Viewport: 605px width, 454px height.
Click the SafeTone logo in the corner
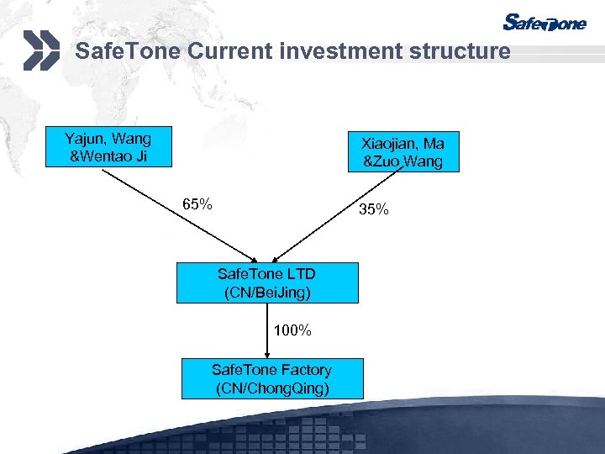[544, 23]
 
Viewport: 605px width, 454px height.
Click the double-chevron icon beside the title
[41, 50]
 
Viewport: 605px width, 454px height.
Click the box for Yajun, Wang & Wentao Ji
[108, 146]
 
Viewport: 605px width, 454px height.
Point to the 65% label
[197, 204]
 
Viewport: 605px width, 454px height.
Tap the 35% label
[374, 209]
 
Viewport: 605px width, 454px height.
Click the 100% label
[292, 330]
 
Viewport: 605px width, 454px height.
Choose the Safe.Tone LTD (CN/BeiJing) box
[266, 282]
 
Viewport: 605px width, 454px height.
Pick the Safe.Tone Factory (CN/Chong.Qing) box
[272, 378]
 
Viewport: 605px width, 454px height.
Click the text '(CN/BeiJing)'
[266, 292]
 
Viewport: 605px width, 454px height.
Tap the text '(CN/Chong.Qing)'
[271, 388]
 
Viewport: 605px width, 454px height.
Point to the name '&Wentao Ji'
[108, 156]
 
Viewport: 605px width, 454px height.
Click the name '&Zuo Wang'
[402, 161]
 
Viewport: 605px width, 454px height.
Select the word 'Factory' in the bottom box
[302, 370]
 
